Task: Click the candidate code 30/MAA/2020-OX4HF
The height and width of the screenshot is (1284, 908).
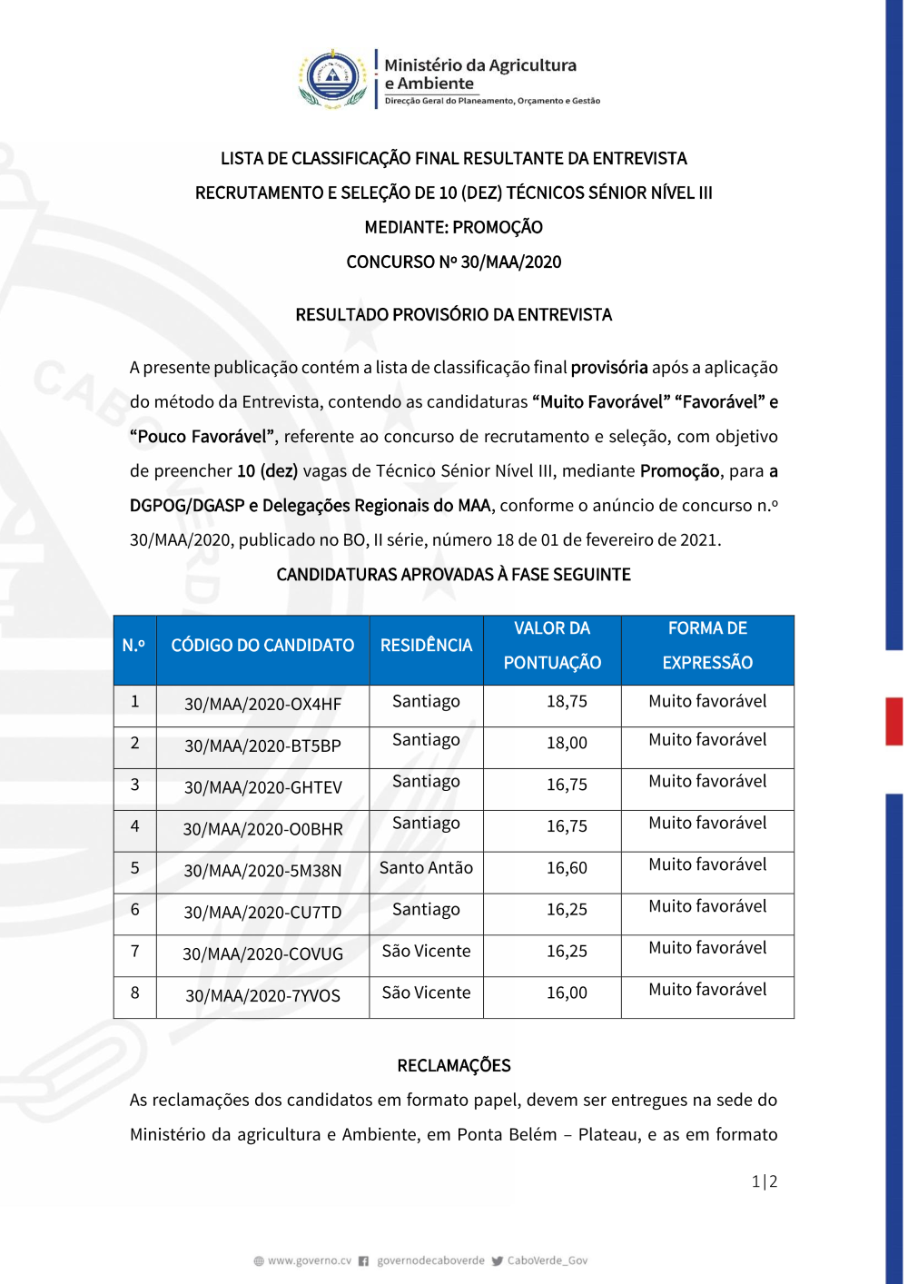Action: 263,705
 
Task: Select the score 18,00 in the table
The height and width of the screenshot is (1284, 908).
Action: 567,743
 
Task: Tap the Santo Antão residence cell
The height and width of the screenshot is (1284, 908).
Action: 426,868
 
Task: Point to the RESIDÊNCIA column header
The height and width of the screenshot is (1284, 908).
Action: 426,646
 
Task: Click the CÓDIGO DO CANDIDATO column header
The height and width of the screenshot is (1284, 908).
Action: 262,646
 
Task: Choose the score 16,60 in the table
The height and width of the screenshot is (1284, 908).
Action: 567,868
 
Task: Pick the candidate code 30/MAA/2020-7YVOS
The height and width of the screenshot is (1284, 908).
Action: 263,996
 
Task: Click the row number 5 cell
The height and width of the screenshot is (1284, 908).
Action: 135,868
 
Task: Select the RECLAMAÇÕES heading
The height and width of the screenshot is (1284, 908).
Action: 454,1066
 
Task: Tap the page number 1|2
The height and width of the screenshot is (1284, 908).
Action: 765,1181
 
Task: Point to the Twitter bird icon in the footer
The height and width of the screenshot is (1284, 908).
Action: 498,1260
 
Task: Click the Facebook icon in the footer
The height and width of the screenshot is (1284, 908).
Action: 364,1260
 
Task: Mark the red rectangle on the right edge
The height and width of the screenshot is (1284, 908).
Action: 894,721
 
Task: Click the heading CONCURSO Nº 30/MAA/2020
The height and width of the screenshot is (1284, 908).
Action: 454,262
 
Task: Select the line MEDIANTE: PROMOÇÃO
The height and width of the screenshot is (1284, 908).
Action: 454,228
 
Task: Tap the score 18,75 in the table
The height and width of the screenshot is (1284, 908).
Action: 567,702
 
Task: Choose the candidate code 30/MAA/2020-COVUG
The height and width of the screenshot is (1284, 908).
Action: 263,954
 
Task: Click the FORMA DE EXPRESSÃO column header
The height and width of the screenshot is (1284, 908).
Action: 707,646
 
